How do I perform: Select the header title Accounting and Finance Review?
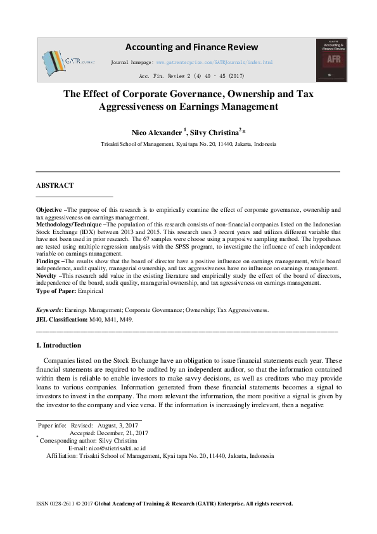(x=191, y=47)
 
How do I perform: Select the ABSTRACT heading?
(x=54, y=185)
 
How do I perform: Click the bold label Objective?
(x=49, y=209)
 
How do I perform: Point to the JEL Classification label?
(x=60, y=320)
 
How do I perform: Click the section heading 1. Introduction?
(x=58, y=346)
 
